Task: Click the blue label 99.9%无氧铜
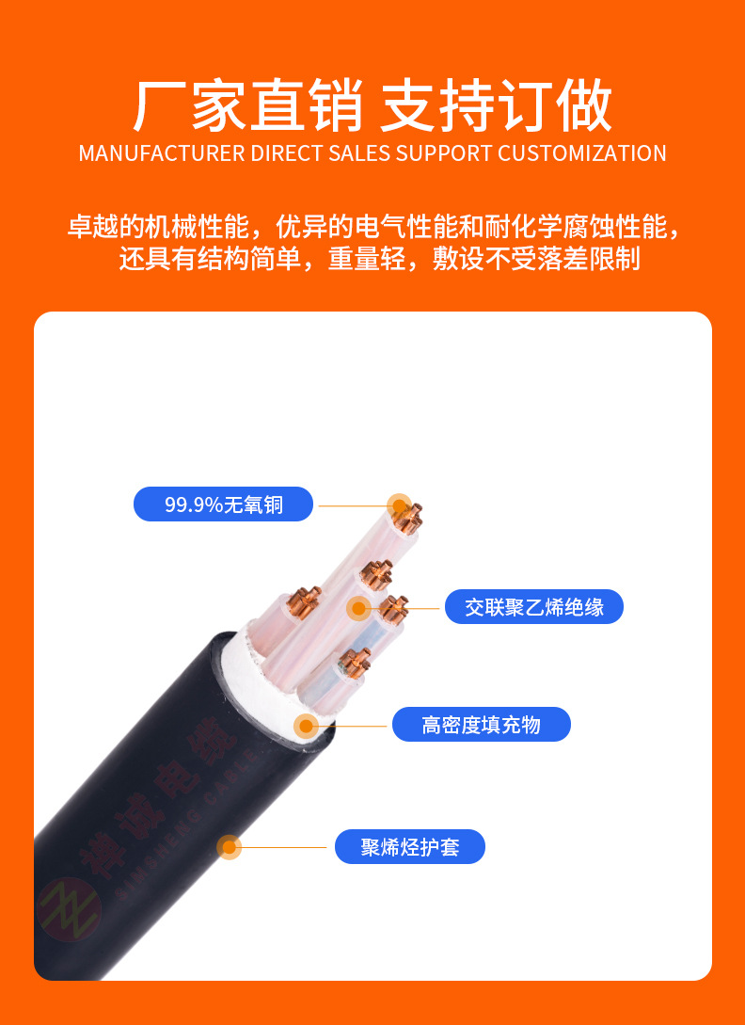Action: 223,504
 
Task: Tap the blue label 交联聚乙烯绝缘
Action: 533,607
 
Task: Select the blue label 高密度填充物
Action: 481,725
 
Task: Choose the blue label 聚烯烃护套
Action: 409,847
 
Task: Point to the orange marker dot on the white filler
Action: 306,726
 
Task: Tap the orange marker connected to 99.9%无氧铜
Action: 401,505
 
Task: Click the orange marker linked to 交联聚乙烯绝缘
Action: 358,608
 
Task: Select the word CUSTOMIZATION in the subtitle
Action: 581,153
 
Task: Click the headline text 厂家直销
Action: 247,105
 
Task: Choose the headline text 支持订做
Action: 496,105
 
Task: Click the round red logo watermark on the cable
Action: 70,909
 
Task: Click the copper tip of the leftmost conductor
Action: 304,599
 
